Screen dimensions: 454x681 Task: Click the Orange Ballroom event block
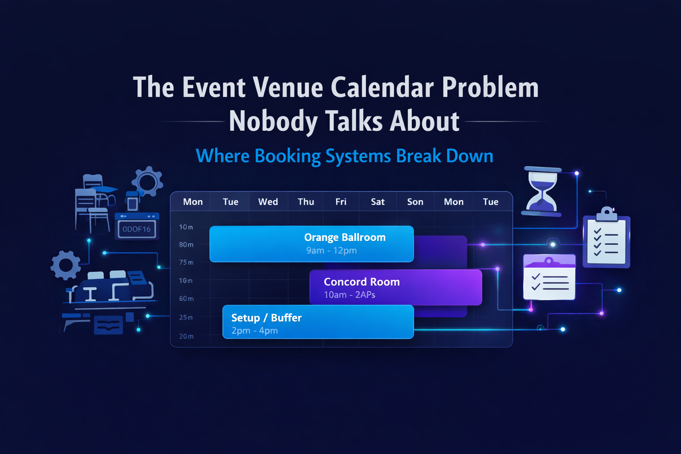311,243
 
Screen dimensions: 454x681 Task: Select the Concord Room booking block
395,287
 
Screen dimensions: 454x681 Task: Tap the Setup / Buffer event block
318,322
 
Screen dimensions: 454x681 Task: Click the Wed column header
268,202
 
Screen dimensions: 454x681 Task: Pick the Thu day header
306,202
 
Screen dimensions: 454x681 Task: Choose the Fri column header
341,202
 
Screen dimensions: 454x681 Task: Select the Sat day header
378,202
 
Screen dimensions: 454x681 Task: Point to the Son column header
415,202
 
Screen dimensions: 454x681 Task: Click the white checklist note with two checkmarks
549,278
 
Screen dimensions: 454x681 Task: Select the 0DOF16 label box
137,229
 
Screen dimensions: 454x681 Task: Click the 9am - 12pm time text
331,250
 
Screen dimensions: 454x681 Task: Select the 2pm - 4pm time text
254,331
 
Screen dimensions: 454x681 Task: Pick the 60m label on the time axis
186,298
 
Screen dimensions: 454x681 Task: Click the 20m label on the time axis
186,336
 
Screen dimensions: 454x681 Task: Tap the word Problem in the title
490,87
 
